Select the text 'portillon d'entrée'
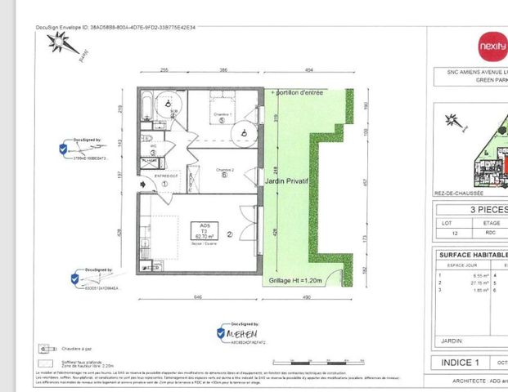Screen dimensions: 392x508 click(x=300, y=93)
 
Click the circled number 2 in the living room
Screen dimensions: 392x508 click(x=231, y=234)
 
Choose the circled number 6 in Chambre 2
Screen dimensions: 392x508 click(x=223, y=176)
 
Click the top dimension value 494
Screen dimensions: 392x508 click(x=309, y=71)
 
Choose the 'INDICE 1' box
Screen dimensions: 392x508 click(x=465, y=362)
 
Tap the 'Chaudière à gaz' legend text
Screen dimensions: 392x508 click(x=75, y=346)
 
